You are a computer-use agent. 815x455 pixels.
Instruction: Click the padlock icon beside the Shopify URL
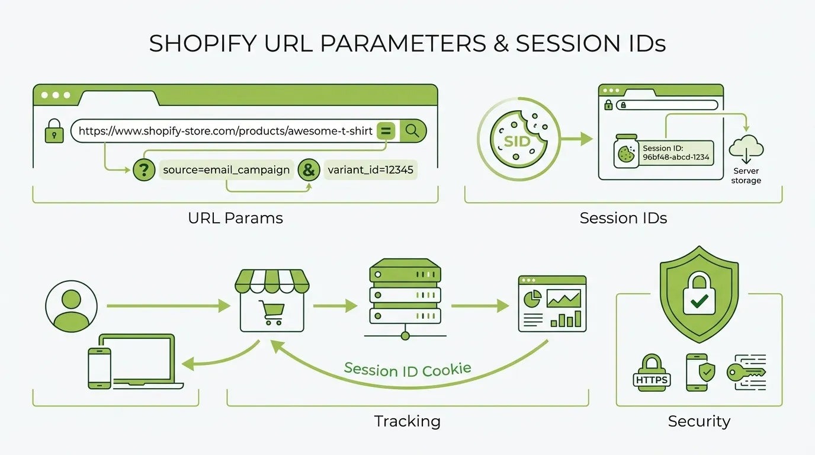pyautogui.click(x=54, y=132)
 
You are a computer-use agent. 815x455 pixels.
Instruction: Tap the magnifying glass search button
pyautogui.click(x=413, y=130)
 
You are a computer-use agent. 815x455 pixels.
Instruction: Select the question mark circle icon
pyautogui.click(x=143, y=170)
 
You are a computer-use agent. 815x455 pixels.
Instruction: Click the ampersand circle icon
pyautogui.click(x=308, y=170)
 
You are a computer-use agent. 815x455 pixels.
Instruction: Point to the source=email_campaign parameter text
pyautogui.click(x=226, y=170)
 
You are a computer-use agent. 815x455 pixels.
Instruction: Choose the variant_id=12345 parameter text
pyautogui.click(x=370, y=170)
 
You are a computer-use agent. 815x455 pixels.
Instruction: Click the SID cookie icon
pyautogui.click(x=516, y=140)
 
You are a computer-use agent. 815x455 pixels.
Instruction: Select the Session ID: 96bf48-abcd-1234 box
pyautogui.click(x=676, y=153)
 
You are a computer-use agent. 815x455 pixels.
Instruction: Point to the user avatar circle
pyautogui.click(x=71, y=306)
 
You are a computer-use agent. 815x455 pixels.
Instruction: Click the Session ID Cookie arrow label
pyautogui.click(x=407, y=370)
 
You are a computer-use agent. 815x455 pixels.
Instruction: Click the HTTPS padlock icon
pyautogui.click(x=652, y=373)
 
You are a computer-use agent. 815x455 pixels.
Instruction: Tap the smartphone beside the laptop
pyautogui.click(x=100, y=368)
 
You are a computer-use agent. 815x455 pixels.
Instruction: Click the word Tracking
pyautogui.click(x=407, y=421)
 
